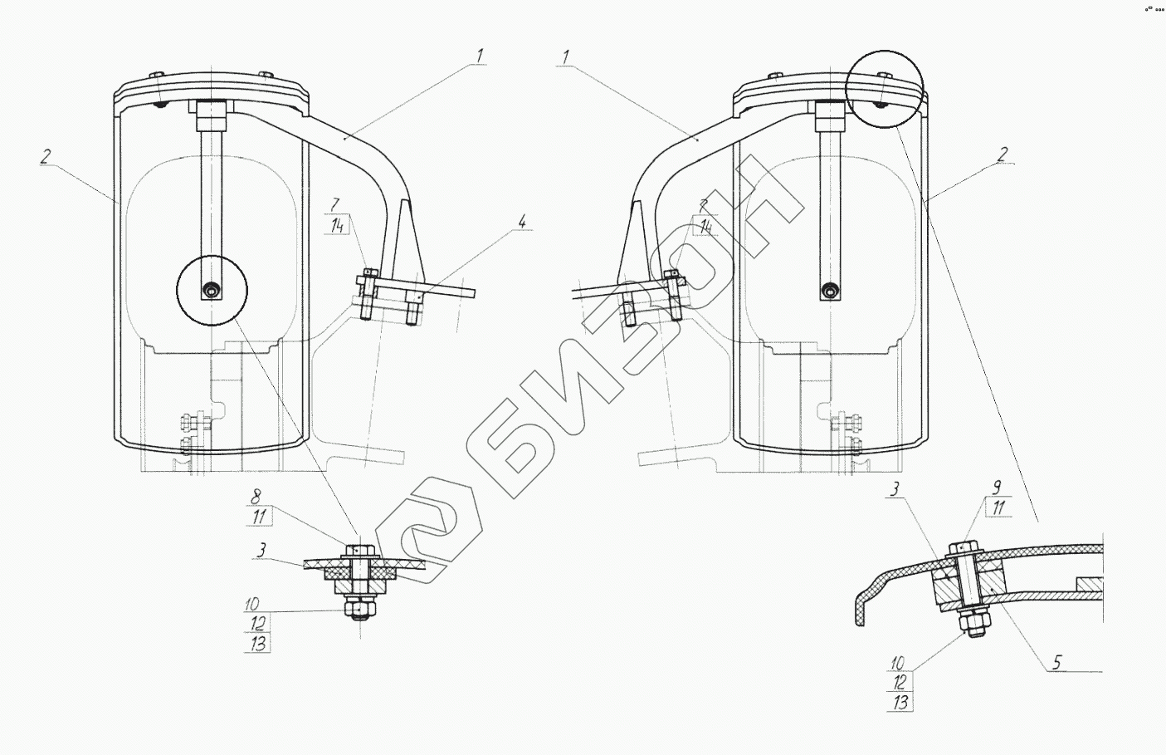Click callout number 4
tap(522, 222)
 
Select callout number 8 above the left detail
tap(256, 497)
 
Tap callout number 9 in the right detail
tap(997, 488)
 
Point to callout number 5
tap(1056, 663)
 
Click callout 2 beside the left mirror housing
tap(46, 156)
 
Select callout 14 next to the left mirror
tap(338, 226)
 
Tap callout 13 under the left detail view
tap(258, 644)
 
